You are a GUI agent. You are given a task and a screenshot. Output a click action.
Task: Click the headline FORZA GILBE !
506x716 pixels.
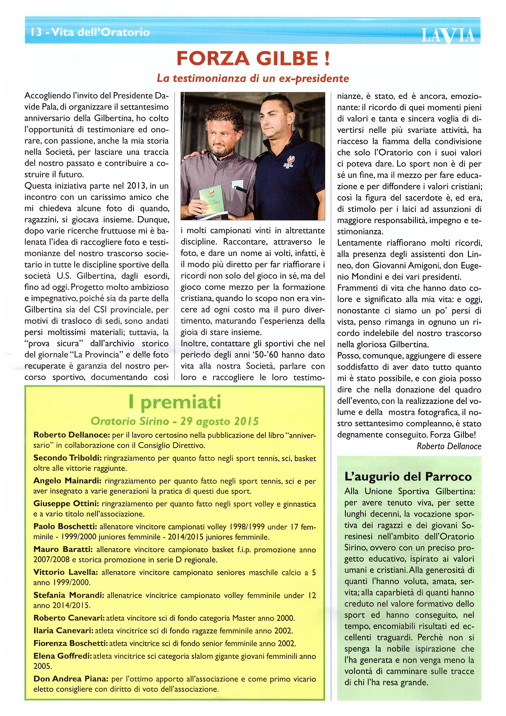pyautogui.click(x=253, y=59)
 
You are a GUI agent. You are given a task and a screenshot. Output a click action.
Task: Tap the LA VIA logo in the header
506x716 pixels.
pyautogui.click(x=448, y=35)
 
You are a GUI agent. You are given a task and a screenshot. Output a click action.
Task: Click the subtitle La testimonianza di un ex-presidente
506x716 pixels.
pyautogui.click(x=253, y=78)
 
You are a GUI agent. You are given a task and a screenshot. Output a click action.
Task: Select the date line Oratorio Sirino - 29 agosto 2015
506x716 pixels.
pyautogui.click(x=175, y=421)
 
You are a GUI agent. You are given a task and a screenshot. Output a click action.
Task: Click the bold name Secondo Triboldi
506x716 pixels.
pyautogui.click(x=67, y=458)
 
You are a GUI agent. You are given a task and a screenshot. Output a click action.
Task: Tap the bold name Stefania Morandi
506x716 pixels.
pyautogui.click(x=69, y=595)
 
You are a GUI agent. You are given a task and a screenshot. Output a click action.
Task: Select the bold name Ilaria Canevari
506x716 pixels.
pyautogui.click(x=63, y=630)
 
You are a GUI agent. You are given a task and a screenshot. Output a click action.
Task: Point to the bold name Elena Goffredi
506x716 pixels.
pyautogui.click(x=63, y=656)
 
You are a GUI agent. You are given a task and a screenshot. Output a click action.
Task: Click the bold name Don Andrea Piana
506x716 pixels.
pyautogui.click(x=71, y=679)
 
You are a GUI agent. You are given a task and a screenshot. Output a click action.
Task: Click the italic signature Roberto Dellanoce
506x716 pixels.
pyautogui.click(x=449, y=446)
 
